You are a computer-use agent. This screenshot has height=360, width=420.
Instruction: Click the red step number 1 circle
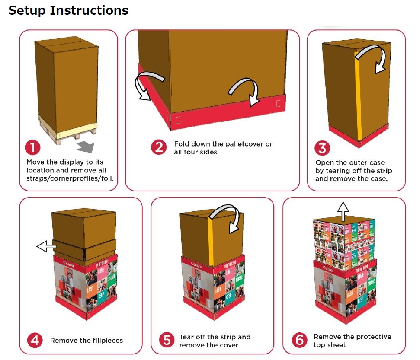33,148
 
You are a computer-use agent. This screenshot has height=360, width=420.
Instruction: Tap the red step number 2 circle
159,147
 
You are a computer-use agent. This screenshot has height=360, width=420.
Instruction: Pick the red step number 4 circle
35,340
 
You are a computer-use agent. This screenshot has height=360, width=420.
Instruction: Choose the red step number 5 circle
167,340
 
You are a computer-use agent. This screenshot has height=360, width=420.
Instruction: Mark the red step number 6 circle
299,340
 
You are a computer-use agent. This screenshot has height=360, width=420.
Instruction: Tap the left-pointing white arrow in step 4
46,247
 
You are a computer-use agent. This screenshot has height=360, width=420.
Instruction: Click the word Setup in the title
27,10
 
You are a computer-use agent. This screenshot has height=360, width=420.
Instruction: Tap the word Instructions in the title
89,10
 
